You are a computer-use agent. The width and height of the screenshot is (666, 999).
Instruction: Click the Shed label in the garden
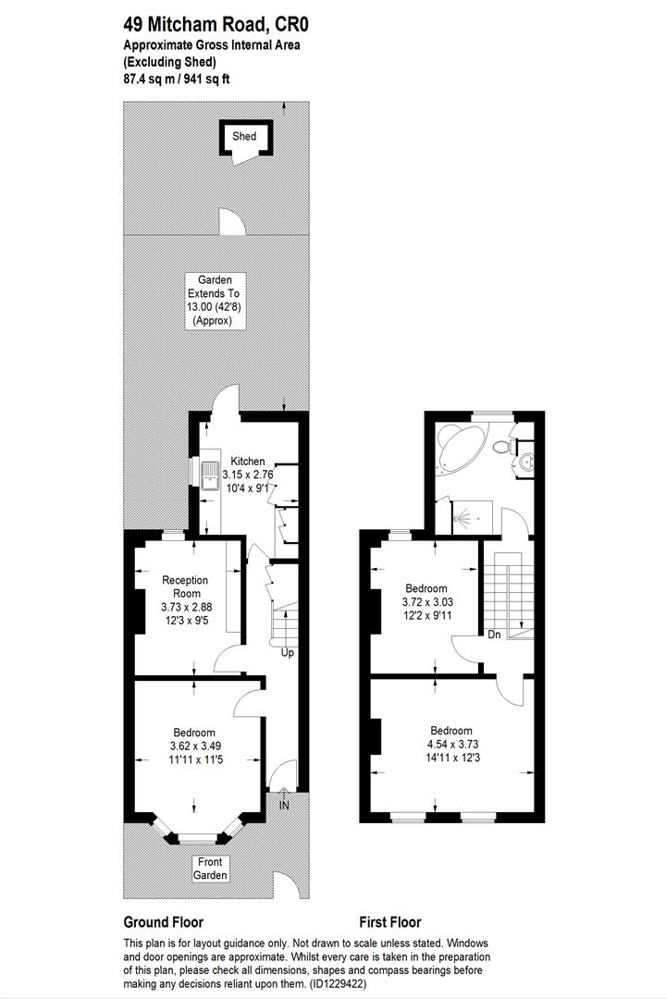244,137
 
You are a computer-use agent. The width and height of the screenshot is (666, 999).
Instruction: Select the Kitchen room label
247,462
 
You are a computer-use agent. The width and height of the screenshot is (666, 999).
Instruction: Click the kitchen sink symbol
211,475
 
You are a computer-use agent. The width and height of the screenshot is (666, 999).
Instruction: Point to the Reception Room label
185,586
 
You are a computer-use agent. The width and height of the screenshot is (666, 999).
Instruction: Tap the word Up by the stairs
288,653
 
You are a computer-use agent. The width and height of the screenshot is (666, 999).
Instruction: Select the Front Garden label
210,868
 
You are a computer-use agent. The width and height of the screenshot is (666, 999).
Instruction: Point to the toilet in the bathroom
503,447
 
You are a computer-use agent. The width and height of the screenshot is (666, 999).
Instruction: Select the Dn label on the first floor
494,635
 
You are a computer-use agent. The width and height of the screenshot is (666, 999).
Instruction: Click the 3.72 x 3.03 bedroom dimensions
425,601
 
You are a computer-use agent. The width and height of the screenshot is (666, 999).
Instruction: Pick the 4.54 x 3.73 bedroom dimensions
451,743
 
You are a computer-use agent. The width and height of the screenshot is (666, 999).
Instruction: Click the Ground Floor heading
164,922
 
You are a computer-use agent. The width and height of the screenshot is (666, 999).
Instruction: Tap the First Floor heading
389,922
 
